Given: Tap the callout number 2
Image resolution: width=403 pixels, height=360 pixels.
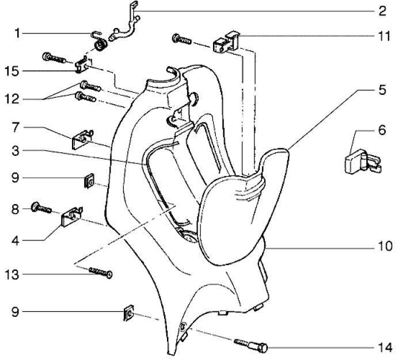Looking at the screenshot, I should point(382,11).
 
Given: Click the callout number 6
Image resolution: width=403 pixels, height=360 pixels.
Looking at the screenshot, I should point(382,131).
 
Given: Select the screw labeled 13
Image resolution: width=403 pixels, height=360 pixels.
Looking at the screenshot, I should point(99,271).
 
